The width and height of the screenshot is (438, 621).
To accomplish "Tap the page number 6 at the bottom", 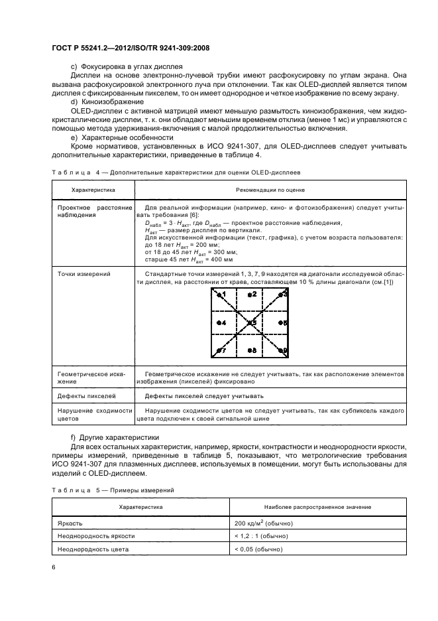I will click(53, 568).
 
